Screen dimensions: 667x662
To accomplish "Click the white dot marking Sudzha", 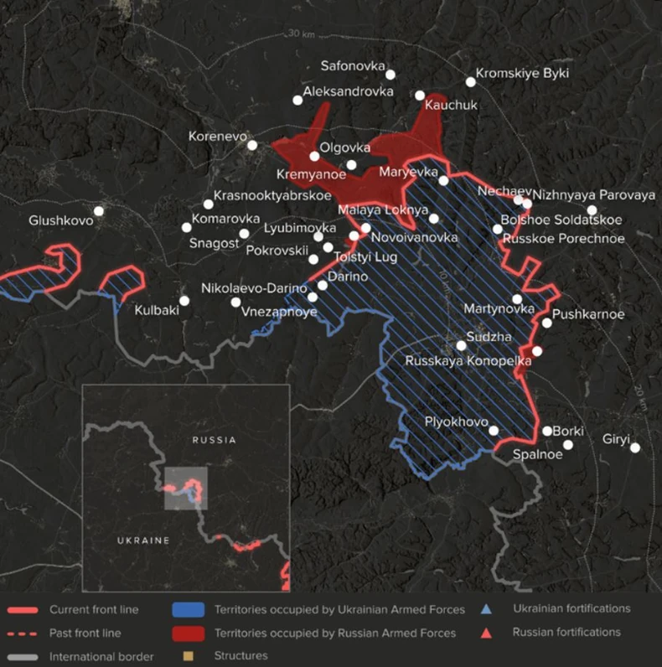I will point(461,345).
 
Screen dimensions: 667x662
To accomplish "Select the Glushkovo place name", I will point(60,220).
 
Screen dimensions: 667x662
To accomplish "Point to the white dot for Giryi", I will point(635,448).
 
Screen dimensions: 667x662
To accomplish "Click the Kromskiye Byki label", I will point(522,73).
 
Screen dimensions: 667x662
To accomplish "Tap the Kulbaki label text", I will point(157,310).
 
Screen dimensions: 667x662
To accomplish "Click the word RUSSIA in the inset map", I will point(214,439).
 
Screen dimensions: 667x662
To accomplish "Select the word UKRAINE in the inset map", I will point(144,540).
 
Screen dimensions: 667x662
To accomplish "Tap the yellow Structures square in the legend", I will point(188,656).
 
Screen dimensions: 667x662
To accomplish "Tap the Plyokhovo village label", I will point(456,421).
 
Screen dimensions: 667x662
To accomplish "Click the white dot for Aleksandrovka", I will point(297,101).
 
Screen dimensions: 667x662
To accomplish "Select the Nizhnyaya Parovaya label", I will point(593,195).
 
